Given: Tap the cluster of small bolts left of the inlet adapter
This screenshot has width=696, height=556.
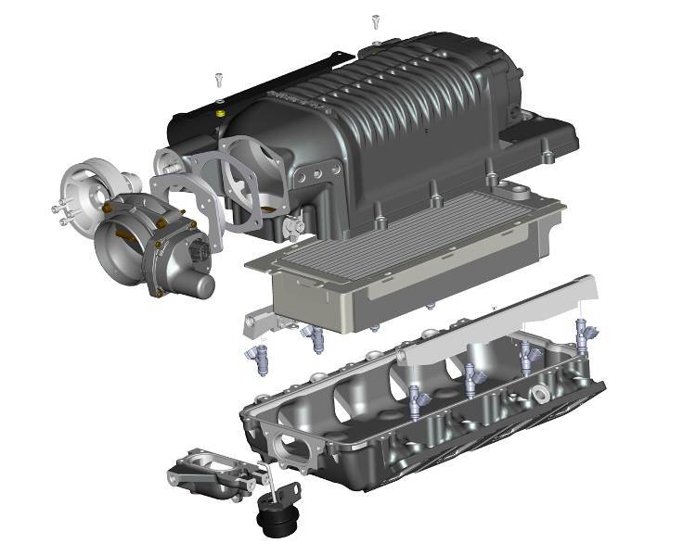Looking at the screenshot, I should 61,211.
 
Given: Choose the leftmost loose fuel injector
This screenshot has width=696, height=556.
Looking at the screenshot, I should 256,359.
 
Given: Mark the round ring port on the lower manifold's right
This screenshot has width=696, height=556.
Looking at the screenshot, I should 539,397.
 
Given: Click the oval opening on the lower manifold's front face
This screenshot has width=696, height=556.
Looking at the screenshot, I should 295,446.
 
